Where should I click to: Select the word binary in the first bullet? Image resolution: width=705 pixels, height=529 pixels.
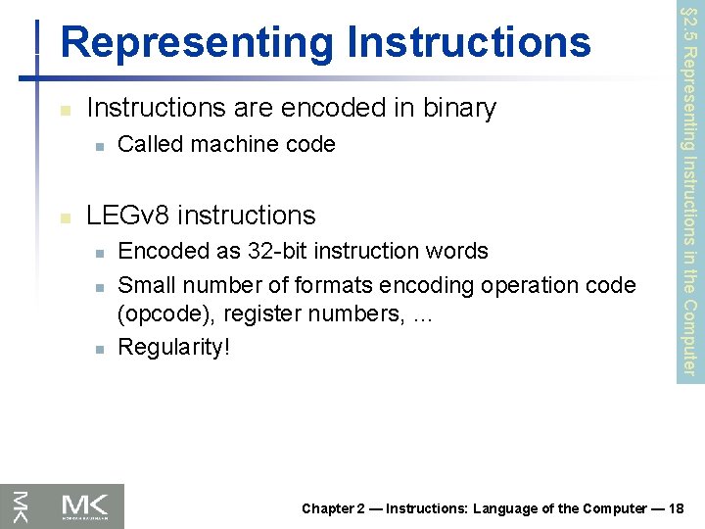[454, 108]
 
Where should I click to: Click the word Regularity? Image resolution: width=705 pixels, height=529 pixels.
[174, 348]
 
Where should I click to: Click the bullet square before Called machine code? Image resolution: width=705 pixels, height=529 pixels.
[98, 146]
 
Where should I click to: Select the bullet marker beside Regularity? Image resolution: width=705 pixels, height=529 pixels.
[98, 349]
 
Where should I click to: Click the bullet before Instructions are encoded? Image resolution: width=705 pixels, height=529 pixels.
[64, 110]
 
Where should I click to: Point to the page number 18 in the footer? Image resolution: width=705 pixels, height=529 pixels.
[681, 508]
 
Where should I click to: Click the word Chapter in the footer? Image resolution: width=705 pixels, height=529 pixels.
[327, 508]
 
